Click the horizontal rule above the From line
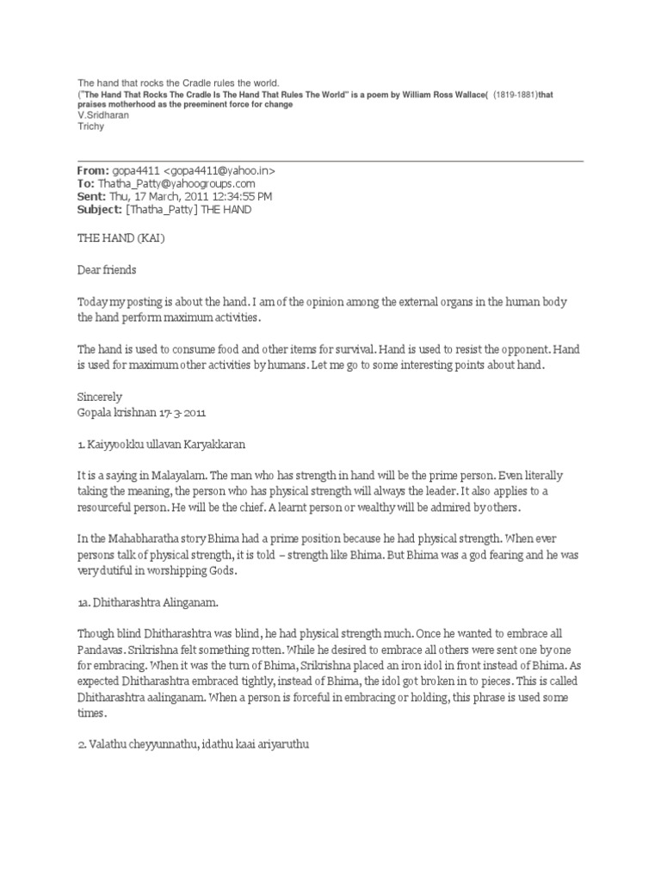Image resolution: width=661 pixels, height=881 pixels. [330, 160]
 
